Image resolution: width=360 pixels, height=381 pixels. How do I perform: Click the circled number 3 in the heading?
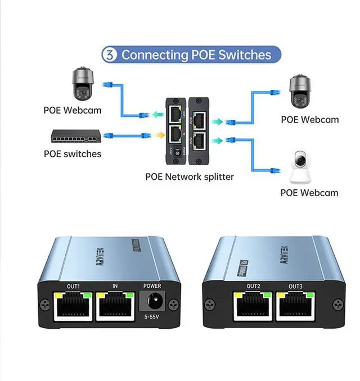(x=109, y=55)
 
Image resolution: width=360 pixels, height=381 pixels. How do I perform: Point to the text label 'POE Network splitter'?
(x=190, y=176)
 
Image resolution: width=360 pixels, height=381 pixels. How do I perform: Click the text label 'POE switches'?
(x=73, y=154)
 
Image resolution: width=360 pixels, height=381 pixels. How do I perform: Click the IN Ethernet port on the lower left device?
(x=115, y=306)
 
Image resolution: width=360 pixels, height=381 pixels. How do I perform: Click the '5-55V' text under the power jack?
(x=152, y=317)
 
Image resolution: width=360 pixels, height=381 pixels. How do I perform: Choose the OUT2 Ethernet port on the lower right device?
(x=254, y=306)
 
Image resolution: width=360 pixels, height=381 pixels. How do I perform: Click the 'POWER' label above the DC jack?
(x=152, y=286)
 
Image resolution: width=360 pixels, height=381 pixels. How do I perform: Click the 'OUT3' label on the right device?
(x=296, y=287)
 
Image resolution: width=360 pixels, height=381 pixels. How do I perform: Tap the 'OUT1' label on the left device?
(x=74, y=286)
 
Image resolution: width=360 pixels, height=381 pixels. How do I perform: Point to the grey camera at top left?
(x=82, y=84)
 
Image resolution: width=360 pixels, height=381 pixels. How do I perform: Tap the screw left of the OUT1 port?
(x=43, y=304)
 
